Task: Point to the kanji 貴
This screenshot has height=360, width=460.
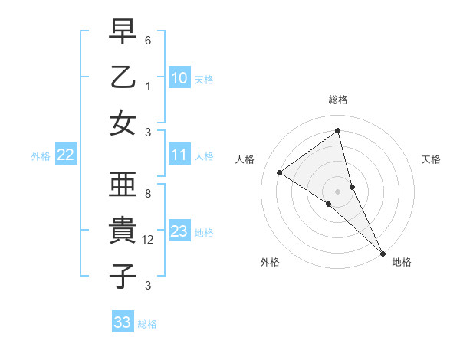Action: [x=123, y=231]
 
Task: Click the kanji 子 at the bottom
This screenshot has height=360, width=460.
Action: [x=123, y=275]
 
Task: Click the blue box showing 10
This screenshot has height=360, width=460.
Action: [x=179, y=77]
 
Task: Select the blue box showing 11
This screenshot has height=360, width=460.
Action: [x=179, y=155]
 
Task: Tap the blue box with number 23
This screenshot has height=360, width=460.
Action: [x=179, y=231]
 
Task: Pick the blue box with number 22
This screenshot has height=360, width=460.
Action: [x=66, y=155]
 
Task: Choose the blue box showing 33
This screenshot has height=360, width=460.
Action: [x=123, y=322]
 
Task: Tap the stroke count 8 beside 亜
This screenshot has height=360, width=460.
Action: [x=148, y=195]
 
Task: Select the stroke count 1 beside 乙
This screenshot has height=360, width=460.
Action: [x=148, y=87]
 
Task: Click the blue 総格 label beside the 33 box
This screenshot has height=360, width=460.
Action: [x=147, y=324]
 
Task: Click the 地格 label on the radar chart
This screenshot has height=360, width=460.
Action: [x=402, y=262]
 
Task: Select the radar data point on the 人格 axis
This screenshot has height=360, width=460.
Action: [x=280, y=172]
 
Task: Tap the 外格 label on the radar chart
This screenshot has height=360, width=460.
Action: [x=270, y=262]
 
